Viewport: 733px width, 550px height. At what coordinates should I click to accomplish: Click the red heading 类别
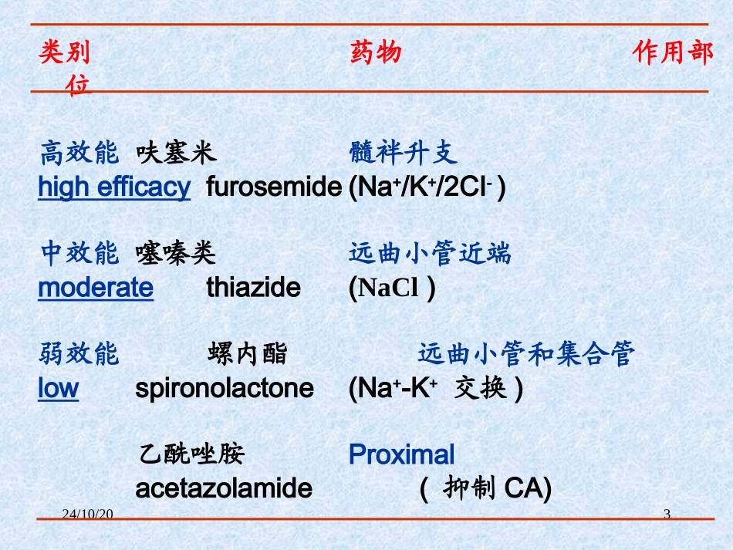[64, 52]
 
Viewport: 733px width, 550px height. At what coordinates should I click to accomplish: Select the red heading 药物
[375, 52]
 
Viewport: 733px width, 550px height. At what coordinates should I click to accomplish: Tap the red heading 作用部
[673, 52]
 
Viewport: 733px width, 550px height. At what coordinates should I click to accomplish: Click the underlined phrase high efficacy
[113, 187]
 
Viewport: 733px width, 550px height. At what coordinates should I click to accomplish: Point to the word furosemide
[274, 187]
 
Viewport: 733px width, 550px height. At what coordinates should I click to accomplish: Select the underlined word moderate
[96, 288]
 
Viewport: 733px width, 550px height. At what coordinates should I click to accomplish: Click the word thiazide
[253, 288]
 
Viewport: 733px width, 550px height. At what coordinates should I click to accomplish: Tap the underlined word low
[58, 388]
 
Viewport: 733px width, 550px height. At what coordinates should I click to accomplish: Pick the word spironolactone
[225, 388]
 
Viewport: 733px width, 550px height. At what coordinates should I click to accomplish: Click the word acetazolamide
[224, 488]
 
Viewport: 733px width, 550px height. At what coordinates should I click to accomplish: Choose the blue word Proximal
[401, 454]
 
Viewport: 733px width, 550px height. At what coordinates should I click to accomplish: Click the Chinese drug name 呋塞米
[176, 154]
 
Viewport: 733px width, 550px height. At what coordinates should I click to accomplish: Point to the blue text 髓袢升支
[403, 154]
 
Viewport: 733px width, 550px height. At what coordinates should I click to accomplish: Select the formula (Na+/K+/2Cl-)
[427, 187]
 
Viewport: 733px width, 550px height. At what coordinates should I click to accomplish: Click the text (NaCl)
[392, 288]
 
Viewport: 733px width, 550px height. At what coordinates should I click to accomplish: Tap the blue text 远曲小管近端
[429, 253]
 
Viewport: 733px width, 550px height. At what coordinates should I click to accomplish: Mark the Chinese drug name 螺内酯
[247, 354]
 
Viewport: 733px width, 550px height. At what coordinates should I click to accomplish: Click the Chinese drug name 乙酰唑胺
[191, 454]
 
